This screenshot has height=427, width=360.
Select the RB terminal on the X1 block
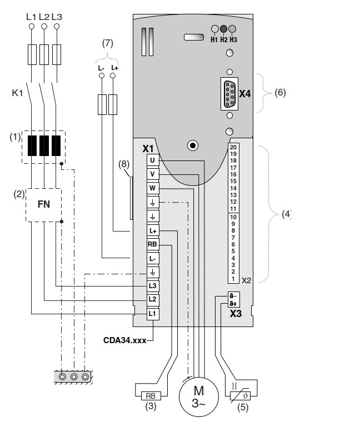pos(152,244)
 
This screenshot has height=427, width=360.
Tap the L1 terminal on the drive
pos(152,314)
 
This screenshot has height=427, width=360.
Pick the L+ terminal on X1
pos(152,230)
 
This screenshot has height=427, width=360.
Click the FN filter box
pos(43,204)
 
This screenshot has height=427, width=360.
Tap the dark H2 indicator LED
pos(223,29)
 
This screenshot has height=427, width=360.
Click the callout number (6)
pos(280,93)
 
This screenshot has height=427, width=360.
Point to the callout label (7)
pos(107,43)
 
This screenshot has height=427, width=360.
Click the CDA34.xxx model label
pos(124,340)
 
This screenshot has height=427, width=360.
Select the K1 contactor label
pos(17,93)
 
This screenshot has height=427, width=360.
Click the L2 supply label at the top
pos(44,17)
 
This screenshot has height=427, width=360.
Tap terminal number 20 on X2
pos(233,147)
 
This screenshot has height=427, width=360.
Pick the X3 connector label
pos(236,313)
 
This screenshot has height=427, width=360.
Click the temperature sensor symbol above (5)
pos(243,396)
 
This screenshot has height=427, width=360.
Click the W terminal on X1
pos(152,188)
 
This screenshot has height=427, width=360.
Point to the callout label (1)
pos(15,136)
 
